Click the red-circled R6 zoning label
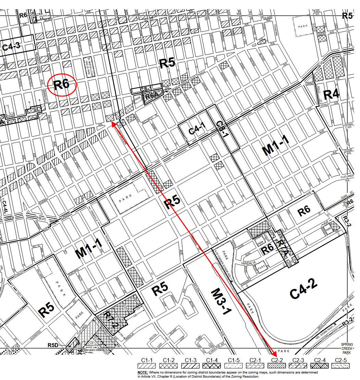(62, 84)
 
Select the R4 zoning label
(331, 94)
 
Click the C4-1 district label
(197, 129)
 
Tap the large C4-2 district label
(303, 289)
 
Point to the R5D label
(53, 345)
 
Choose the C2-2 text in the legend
(276, 360)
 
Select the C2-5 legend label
(341, 360)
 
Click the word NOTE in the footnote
(143, 372)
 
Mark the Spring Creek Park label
(349, 349)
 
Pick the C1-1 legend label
(147, 360)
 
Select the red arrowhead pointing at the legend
(274, 353)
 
